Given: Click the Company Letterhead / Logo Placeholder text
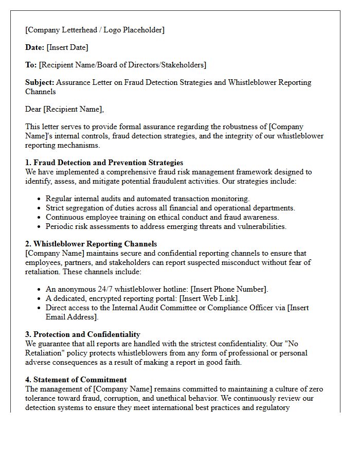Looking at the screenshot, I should [95, 30].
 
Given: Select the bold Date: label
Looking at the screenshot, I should [35, 47].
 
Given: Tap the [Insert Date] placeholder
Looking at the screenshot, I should [67, 47].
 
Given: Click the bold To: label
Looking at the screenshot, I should [31, 65].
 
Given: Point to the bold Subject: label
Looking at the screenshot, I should [40, 82].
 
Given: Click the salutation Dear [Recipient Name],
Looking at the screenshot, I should [64, 109].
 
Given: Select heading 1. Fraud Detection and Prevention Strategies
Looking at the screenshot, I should [104, 163].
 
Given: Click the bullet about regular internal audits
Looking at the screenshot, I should [148, 199].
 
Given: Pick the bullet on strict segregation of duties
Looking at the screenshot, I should [170, 208].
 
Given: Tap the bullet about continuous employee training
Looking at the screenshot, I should [162, 217].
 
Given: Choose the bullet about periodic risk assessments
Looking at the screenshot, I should [166, 226].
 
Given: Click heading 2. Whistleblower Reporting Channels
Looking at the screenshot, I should [91, 244].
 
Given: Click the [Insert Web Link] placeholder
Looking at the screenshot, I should [206, 298].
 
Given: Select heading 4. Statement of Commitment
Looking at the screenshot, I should [76, 380].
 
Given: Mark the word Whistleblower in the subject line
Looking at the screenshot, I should [251, 82].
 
